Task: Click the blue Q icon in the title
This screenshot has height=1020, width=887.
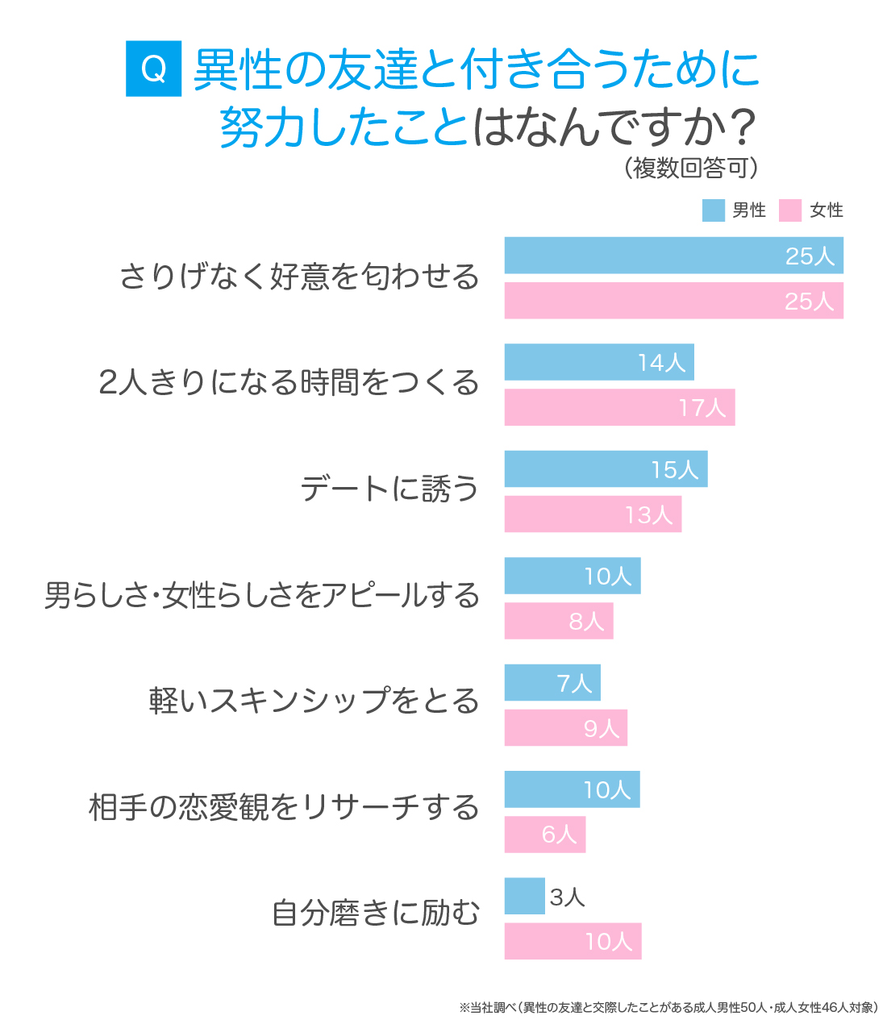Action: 153,69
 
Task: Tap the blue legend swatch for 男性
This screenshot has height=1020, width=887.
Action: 714,210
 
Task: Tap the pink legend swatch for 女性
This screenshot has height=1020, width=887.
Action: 790,210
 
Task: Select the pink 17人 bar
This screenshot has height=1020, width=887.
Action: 619,407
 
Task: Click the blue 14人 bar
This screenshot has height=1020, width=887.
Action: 599,362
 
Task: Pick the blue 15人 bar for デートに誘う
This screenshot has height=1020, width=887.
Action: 606,469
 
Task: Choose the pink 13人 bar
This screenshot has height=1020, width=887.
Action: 593,514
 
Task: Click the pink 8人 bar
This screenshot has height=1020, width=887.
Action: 559,621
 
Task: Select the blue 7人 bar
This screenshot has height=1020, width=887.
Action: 552,683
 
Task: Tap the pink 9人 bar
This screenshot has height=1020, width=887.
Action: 565,728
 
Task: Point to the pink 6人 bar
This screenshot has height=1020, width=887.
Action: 545,835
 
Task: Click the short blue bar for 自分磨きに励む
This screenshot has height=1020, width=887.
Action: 524,896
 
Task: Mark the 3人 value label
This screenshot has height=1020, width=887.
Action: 567,897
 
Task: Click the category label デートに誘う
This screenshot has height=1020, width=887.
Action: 389,489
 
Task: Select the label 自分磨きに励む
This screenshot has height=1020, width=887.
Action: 376,914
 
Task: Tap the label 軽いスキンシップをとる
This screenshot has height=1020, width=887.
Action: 314,701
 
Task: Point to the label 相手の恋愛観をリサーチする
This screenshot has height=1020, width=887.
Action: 284,807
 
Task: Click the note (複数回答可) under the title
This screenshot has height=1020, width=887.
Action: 691,168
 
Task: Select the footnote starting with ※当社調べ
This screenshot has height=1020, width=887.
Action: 668,1007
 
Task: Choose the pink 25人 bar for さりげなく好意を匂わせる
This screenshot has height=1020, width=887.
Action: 673,301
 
